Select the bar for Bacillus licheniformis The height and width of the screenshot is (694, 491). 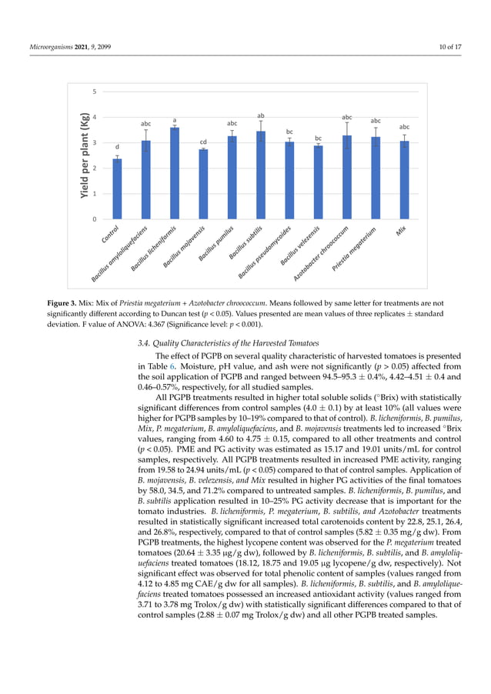pyautogui.click(x=175, y=174)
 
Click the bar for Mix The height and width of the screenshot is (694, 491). pyautogui.click(x=404, y=180)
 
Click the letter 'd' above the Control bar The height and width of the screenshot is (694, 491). pyautogui.click(x=117, y=146)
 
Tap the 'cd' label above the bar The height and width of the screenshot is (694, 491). pyautogui.click(x=203, y=142)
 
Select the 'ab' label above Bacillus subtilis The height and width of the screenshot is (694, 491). pyautogui.click(x=261, y=115)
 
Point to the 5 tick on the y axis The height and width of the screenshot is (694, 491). pyautogui.click(x=95, y=92)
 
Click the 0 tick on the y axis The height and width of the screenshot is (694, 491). pyautogui.click(x=95, y=219)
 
